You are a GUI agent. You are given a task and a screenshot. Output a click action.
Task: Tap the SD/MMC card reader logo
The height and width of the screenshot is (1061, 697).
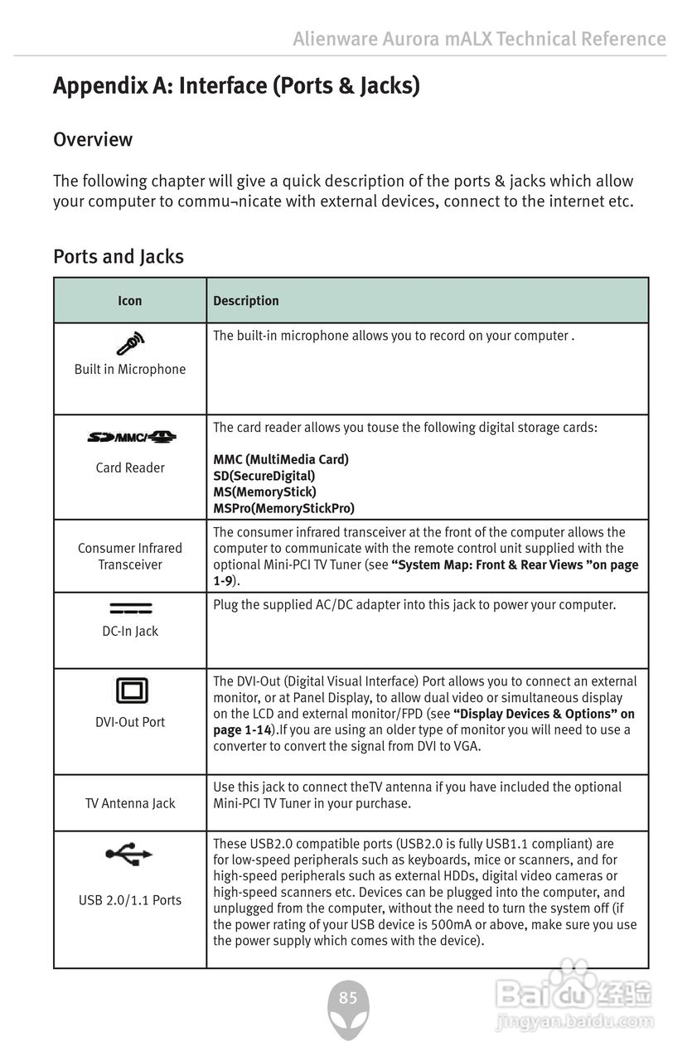pyautogui.click(x=131, y=437)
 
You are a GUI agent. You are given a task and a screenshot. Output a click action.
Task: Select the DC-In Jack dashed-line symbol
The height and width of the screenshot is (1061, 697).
pyautogui.click(x=130, y=609)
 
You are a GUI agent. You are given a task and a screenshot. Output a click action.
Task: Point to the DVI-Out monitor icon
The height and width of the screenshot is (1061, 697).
pyautogui.click(x=131, y=690)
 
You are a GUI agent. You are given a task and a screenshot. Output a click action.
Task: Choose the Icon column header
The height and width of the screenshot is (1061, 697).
pyautogui.click(x=130, y=301)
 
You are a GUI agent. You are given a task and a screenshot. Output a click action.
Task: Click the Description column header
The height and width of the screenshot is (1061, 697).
pyautogui.click(x=246, y=301)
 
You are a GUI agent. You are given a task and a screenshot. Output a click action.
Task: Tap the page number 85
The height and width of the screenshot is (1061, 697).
pyautogui.click(x=348, y=998)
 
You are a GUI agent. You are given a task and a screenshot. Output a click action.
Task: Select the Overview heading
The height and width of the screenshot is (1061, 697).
pyautogui.click(x=93, y=139)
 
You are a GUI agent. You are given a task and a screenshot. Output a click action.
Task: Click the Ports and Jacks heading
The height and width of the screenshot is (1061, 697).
pyautogui.click(x=119, y=256)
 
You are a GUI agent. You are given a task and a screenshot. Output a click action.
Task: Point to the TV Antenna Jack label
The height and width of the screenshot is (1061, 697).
pyautogui.click(x=130, y=803)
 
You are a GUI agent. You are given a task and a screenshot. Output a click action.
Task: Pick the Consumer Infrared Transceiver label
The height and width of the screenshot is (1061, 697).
pyautogui.click(x=130, y=556)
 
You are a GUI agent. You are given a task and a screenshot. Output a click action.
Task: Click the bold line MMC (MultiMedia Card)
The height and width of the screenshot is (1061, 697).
pyautogui.click(x=281, y=459)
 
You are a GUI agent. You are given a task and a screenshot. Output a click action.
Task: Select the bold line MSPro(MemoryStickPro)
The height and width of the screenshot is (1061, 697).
pyautogui.click(x=283, y=508)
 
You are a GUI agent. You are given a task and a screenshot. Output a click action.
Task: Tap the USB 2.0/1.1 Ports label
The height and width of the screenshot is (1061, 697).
pyautogui.click(x=130, y=900)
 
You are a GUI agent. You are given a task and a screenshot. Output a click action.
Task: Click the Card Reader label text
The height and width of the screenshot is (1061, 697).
pyautogui.click(x=130, y=468)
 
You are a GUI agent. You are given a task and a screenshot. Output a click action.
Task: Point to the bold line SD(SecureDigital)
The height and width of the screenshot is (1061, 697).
pyautogui.click(x=264, y=476)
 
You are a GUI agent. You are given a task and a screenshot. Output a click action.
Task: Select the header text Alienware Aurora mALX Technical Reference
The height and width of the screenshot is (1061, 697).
pyautogui.click(x=479, y=39)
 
